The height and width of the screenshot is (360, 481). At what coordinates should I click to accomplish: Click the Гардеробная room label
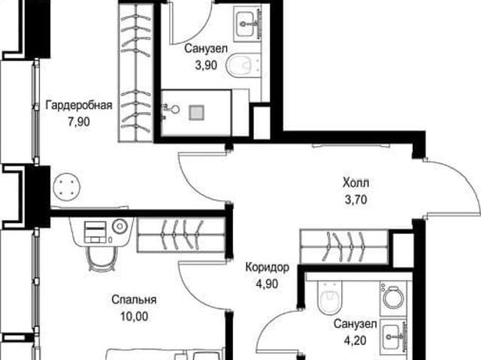(x=79, y=105)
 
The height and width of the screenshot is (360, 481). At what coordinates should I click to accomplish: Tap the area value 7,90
(x=79, y=122)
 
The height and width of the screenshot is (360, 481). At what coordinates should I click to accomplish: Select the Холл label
(x=355, y=183)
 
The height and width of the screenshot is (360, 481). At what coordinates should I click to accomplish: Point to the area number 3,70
(x=355, y=200)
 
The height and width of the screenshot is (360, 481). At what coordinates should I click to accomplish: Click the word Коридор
(x=268, y=268)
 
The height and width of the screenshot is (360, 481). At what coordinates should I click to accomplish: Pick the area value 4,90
(x=268, y=284)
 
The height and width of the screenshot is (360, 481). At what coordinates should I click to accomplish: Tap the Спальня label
(x=134, y=300)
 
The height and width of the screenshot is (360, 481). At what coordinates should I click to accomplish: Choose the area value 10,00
(x=134, y=316)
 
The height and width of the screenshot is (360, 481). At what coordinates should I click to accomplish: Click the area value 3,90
(x=206, y=65)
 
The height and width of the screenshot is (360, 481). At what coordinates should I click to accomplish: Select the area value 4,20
(x=355, y=340)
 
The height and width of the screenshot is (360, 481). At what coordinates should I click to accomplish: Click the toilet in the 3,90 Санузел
(x=244, y=65)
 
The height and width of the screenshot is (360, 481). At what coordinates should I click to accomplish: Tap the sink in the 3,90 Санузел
(x=247, y=23)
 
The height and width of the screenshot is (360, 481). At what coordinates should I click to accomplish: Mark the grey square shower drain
(x=197, y=113)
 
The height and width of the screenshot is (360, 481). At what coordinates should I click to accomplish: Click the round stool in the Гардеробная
(x=67, y=186)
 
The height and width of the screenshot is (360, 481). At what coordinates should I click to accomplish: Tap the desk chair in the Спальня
(x=102, y=259)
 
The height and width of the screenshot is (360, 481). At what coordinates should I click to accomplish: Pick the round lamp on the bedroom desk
(x=119, y=226)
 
